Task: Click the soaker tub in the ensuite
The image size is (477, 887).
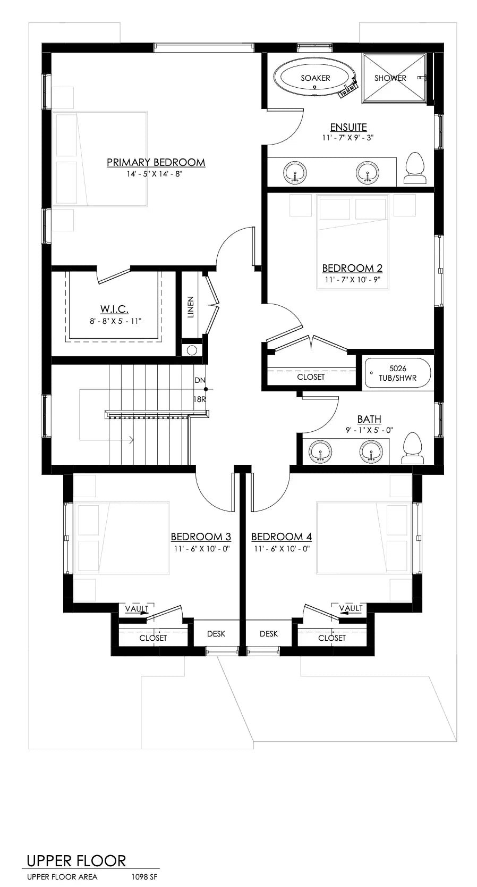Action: point(316,78)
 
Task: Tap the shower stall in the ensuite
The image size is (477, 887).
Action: point(394,78)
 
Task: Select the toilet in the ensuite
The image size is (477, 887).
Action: point(415,168)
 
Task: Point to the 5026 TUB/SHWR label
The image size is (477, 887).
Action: point(398,373)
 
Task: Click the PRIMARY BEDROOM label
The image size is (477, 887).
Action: point(156,162)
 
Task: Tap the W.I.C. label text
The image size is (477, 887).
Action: point(114,309)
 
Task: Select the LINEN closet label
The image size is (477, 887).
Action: point(191,307)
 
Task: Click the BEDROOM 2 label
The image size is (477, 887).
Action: point(352,268)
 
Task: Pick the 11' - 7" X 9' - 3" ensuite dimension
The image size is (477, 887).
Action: point(348,138)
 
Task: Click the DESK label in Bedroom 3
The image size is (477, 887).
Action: point(216,633)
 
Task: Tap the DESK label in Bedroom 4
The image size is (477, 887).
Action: point(269,633)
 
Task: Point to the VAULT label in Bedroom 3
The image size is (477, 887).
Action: point(137,608)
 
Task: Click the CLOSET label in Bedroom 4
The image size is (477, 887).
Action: point(332,638)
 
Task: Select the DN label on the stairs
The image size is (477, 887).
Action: point(200,380)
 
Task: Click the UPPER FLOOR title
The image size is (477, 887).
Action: point(76,861)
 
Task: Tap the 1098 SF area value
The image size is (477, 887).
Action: point(144,877)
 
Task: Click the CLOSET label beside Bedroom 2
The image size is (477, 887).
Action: point(311,376)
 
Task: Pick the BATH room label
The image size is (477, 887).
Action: point(369,419)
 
